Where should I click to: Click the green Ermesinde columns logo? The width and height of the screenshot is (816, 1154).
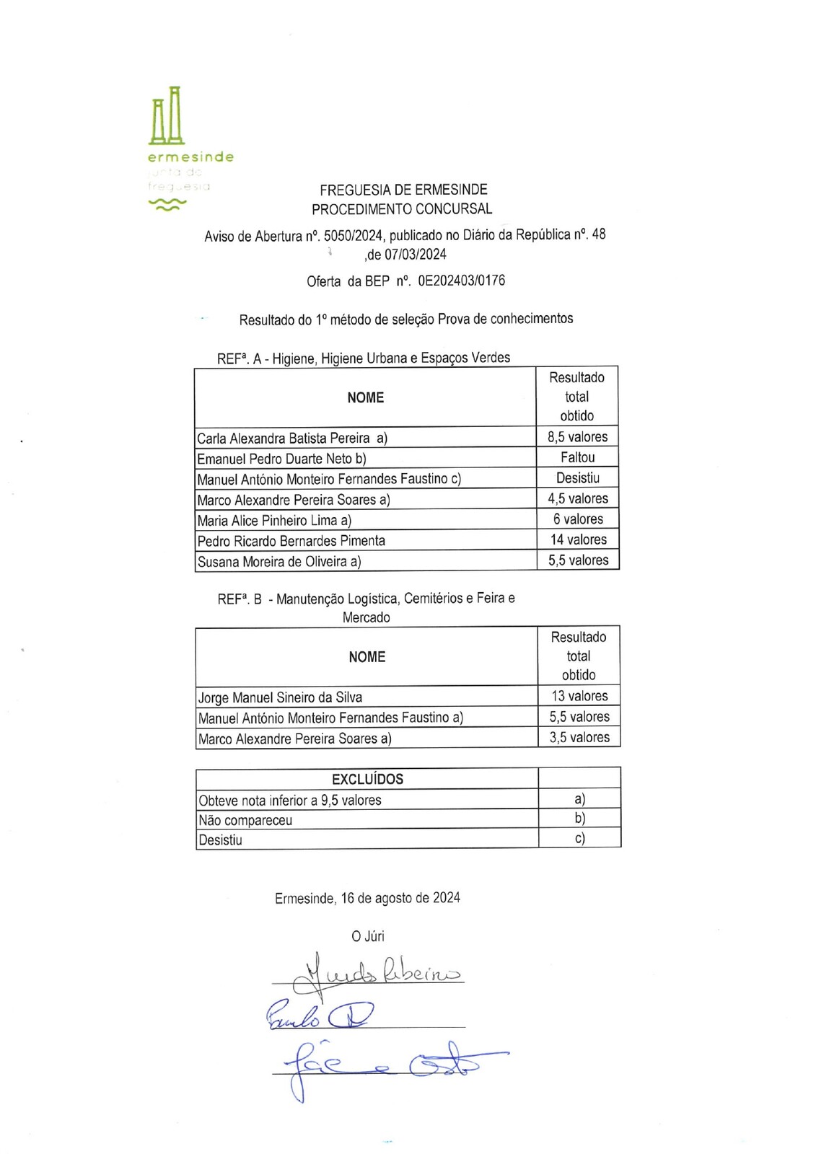[167, 117]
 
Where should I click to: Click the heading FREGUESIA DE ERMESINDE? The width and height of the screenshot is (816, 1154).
[403, 190]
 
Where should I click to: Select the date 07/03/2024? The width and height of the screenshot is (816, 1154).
[415, 255]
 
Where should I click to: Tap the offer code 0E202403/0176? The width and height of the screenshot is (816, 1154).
[461, 281]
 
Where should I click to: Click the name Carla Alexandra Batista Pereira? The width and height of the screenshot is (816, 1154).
[283, 438]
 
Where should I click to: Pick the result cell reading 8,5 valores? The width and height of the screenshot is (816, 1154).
[577, 437]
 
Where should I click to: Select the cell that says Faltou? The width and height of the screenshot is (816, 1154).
[577, 457]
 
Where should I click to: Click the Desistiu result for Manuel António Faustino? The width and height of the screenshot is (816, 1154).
[577, 478]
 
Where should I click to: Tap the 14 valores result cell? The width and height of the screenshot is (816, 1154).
[578, 539]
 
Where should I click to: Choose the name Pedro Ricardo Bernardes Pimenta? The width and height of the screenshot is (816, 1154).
[291, 541]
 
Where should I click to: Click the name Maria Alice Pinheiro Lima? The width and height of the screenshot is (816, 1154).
[268, 520]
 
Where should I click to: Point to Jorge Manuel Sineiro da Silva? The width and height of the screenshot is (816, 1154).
[280, 697]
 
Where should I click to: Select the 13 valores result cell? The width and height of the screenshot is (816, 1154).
[579, 696]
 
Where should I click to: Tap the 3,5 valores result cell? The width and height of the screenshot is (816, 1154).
[579, 737]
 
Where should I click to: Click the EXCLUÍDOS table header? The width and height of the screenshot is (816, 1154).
[367, 779]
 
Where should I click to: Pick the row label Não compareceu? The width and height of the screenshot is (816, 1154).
[245, 820]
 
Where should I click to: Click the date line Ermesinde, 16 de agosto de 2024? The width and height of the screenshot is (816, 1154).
[367, 898]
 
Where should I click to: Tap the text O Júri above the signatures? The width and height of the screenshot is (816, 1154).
[367, 936]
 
